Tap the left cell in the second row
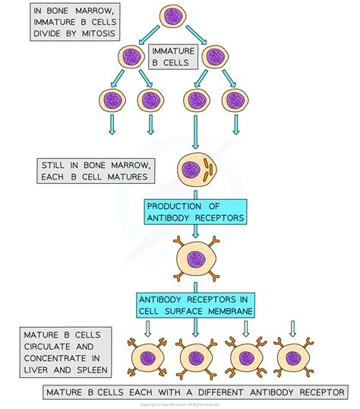pos(131,58)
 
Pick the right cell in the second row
pos(216,58)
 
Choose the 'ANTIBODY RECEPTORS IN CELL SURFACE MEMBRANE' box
pos(195,306)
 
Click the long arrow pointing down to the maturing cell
pos(196,135)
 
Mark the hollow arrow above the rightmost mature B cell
pos(292,327)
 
